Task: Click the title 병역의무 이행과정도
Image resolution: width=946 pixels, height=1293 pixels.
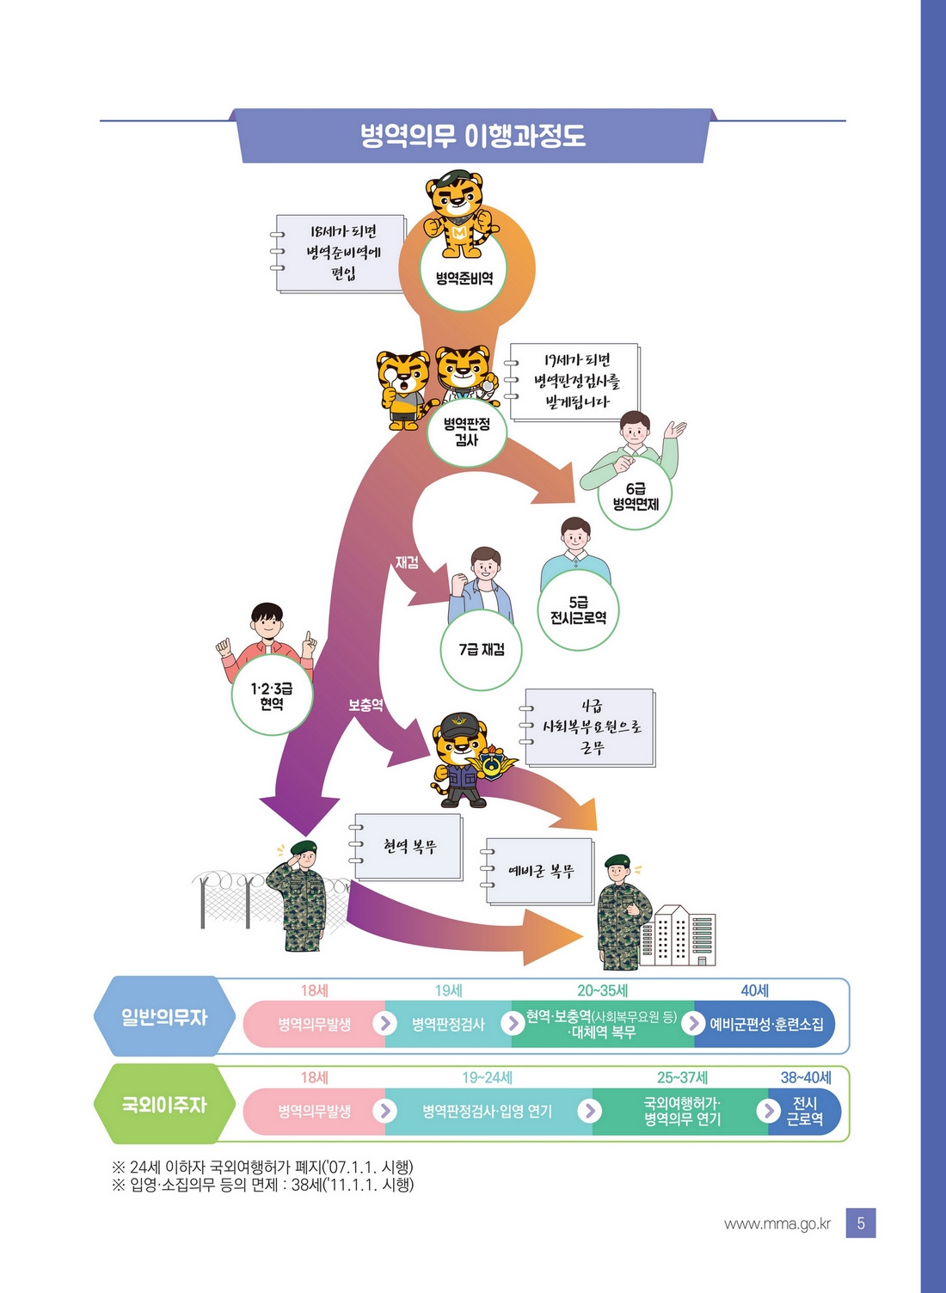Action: pyautogui.click(x=472, y=136)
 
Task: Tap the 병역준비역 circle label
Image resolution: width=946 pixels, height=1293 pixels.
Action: pyautogui.click(x=464, y=278)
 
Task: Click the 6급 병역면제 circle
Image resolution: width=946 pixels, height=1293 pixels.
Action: pyautogui.click(x=636, y=496)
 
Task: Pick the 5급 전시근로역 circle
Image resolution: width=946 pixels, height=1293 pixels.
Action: pyautogui.click(x=578, y=610)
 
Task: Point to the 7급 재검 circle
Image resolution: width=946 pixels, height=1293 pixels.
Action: pyautogui.click(x=481, y=650)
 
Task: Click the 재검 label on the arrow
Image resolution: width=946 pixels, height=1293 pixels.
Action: pyautogui.click(x=407, y=563)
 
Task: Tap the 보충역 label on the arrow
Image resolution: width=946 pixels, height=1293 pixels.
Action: pyautogui.click(x=365, y=705)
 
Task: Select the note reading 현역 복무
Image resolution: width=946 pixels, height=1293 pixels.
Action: pyautogui.click(x=409, y=847)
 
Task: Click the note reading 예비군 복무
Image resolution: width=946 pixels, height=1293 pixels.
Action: pyautogui.click(x=540, y=872)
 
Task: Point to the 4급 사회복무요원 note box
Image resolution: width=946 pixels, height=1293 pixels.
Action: pyautogui.click(x=591, y=727)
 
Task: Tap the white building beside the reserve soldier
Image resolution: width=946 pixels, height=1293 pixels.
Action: pyautogui.click(x=684, y=935)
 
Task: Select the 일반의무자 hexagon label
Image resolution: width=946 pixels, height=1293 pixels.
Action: pyautogui.click(x=163, y=1017)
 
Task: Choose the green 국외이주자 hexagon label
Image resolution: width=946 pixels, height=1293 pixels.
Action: pyautogui.click(x=163, y=1105)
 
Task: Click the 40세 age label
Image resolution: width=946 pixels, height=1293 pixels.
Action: pyautogui.click(x=754, y=990)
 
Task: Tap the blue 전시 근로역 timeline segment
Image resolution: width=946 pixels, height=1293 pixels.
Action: pyautogui.click(x=804, y=1111)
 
